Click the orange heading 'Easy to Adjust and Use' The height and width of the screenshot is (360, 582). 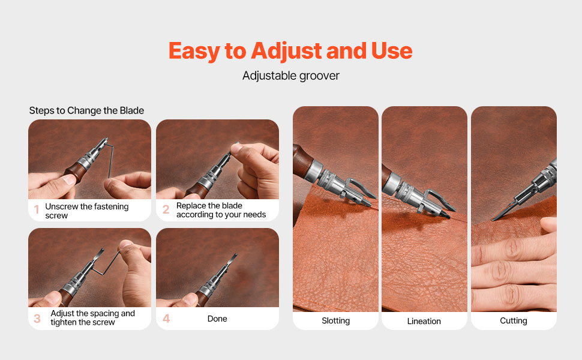290,51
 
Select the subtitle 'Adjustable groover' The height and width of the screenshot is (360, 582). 290,76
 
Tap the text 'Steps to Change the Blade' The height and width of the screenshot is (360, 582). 86,110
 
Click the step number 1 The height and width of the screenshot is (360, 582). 37,210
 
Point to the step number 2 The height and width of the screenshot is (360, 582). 166,210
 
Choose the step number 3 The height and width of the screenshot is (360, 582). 37,318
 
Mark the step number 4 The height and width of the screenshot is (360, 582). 166,319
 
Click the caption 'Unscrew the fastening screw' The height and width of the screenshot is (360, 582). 86,211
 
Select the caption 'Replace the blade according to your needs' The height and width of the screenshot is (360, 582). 221,210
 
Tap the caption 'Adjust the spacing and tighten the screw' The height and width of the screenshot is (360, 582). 92,318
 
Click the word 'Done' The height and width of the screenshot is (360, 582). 217,319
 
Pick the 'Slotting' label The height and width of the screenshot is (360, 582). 335,321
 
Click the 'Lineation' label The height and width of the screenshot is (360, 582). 424,321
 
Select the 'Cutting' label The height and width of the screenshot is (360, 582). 514,321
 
